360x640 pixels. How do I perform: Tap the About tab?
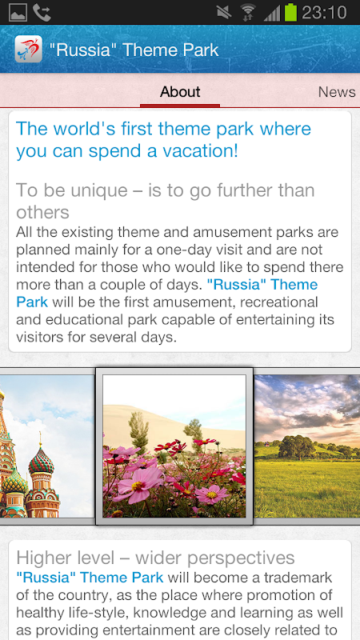[x=180, y=91]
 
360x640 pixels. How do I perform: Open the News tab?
[x=337, y=92]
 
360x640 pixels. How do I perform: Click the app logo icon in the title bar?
[x=28, y=49]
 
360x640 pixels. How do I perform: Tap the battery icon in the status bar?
[x=290, y=12]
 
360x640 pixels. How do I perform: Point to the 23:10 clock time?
[x=325, y=13]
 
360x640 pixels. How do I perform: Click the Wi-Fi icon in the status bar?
[x=247, y=12]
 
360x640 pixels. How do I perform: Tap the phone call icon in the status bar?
[x=42, y=13]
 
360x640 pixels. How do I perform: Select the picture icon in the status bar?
[x=18, y=13]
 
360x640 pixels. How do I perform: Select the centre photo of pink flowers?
[x=174, y=446]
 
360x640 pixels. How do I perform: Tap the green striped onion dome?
[x=41, y=461]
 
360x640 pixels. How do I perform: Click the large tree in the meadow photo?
[x=298, y=447]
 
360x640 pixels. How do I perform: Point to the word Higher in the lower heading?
[x=40, y=558]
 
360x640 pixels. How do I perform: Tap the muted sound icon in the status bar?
[x=224, y=12]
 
